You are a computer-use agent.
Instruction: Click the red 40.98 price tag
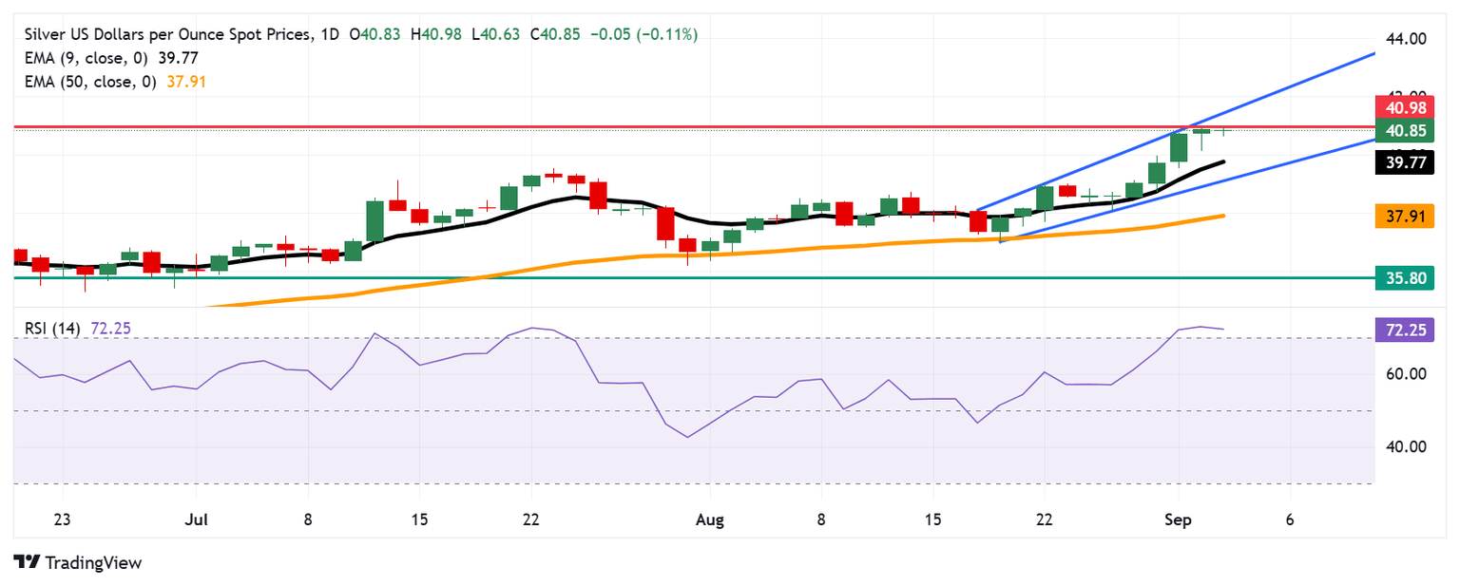(x=1404, y=107)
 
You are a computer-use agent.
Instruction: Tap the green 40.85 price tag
(x=1404, y=129)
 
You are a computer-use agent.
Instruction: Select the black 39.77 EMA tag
(x=1404, y=163)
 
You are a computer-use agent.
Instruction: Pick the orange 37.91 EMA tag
(x=1404, y=217)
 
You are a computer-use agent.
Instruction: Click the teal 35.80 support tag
(x=1404, y=278)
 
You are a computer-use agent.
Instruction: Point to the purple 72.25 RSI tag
(x=1404, y=330)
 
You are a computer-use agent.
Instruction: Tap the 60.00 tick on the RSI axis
(x=1407, y=374)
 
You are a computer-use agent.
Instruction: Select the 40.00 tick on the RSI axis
(x=1407, y=447)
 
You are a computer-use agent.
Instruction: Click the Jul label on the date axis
(x=195, y=520)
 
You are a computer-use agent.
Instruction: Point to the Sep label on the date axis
(x=1178, y=520)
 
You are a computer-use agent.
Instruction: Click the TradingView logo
(x=78, y=562)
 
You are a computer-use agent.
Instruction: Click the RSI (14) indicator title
(x=53, y=329)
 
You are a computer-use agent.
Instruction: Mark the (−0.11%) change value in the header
(x=662, y=34)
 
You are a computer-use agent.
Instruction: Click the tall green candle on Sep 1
(x=1179, y=147)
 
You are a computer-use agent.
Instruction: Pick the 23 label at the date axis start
(x=63, y=520)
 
